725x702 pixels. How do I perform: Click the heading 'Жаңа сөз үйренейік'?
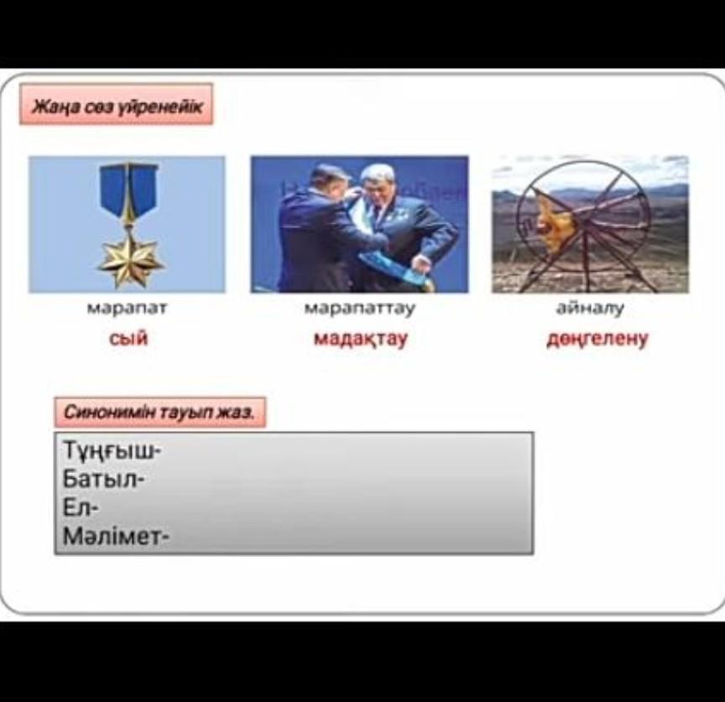[117, 107]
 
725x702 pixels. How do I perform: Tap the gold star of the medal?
[130, 261]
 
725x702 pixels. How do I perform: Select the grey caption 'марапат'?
[128, 309]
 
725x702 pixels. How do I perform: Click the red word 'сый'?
[128, 338]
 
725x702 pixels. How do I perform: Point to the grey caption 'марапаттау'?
[360, 309]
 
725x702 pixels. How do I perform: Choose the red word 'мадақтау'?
[361, 338]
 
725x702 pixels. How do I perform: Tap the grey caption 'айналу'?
[590, 308]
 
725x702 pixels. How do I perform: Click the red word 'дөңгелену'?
[597, 339]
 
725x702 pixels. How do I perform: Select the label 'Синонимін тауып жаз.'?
[159, 412]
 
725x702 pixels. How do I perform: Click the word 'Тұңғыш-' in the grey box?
[111, 450]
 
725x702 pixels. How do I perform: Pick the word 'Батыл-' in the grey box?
[103, 479]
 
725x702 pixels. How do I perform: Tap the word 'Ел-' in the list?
[80, 508]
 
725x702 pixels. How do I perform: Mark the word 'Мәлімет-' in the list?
[116, 537]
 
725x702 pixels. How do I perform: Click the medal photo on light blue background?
[128, 225]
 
